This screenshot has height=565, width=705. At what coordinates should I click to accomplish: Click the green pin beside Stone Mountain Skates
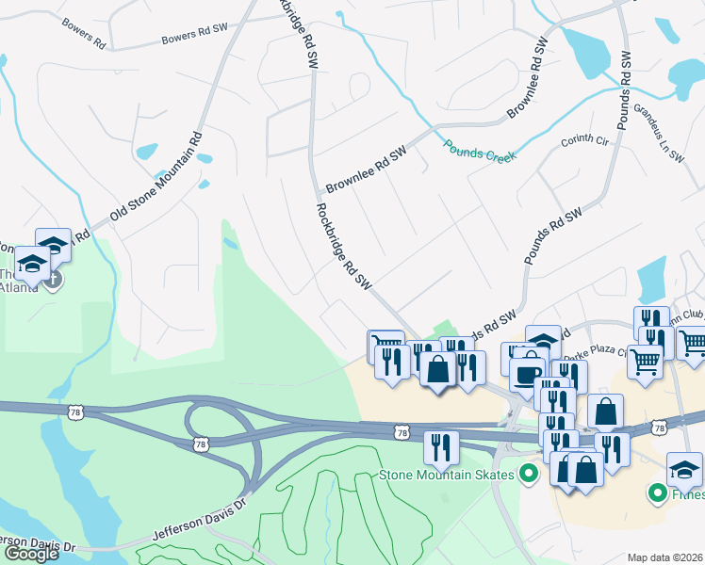click(x=529, y=474)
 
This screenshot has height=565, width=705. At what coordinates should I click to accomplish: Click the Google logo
click(x=31, y=554)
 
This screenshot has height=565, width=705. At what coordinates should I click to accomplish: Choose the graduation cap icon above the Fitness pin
click(x=684, y=468)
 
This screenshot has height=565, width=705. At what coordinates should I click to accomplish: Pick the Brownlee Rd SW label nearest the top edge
click(x=528, y=79)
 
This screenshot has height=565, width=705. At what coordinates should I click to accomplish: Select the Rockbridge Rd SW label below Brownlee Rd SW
click(x=345, y=247)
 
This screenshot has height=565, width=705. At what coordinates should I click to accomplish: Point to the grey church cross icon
click(x=53, y=280)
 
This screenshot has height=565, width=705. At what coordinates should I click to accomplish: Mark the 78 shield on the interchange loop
click(x=199, y=443)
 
